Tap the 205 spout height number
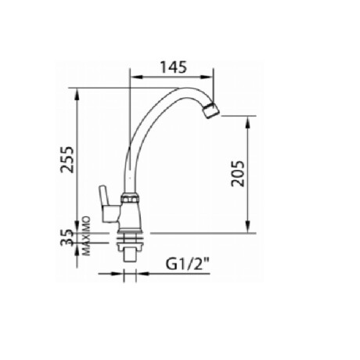coord(239,174)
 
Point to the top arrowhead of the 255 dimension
coord(77,95)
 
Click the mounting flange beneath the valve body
coord(130,232)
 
